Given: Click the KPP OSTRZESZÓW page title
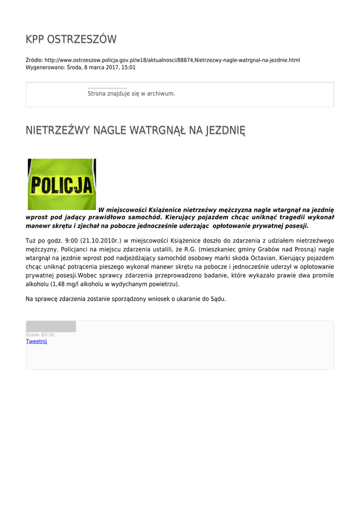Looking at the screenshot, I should tap(71, 40).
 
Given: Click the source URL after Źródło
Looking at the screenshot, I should tap(172, 60).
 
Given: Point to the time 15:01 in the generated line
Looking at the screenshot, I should tap(129, 67).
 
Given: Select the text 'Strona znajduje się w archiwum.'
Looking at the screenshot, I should tap(131, 93).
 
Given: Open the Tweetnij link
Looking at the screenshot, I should tap(36, 341).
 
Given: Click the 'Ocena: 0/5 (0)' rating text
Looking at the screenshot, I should tap(40, 335).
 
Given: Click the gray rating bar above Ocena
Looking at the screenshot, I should tap(51, 326).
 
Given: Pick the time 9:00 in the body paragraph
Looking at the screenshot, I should tap(72, 241).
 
